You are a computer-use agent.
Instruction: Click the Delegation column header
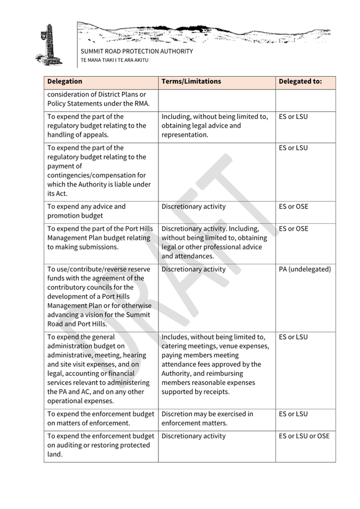pyautogui.click(x=65, y=82)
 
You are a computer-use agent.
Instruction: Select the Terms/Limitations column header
pyautogui.click(x=191, y=82)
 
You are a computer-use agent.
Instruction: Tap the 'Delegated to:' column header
pyautogui.click(x=300, y=82)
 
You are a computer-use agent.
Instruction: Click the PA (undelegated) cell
pyautogui.click(x=305, y=269)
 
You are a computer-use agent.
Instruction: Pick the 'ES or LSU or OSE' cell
pyautogui.click(x=304, y=436)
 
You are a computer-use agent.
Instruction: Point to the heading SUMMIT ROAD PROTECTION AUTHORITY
pyautogui.click(x=137, y=52)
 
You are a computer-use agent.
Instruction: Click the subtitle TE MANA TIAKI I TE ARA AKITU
pyautogui.click(x=114, y=60)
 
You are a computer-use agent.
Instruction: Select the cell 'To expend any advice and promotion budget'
pyautogui.click(x=86, y=211)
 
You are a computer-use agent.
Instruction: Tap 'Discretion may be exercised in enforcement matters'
pyautogui.click(x=207, y=418)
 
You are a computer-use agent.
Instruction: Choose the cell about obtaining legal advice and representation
pyautogui.click(x=214, y=126)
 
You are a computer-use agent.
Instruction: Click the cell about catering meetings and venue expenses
pyautogui.click(x=213, y=365)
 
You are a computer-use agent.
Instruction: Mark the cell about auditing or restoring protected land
pyautogui.click(x=100, y=445)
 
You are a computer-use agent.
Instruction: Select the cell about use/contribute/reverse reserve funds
pyautogui.click(x=99, y=296)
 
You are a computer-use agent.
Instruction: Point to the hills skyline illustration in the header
pyautogui.click(x=203, y=33)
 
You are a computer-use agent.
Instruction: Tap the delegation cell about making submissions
pyautogui.click(x=100, y=238)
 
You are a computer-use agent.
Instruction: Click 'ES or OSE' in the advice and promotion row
pyautogui.click(x=293, y=207)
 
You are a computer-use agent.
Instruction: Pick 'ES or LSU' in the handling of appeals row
pyautogui.click(x=293, y=117)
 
